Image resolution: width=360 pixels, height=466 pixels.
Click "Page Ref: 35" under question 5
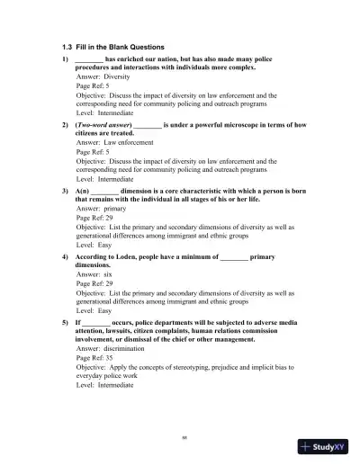[x=94, y=357]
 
